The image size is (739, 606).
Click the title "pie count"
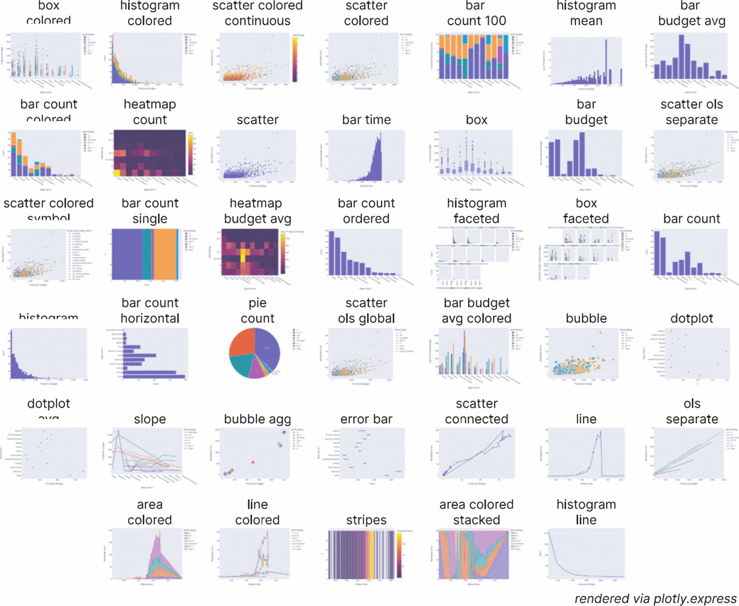point(257,311)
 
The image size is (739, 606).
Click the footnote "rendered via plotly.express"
point(655,598)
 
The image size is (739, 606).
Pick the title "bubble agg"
point(257,420)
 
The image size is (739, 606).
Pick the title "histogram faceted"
point(476,211)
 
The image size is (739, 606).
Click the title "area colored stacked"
point(476,512)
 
